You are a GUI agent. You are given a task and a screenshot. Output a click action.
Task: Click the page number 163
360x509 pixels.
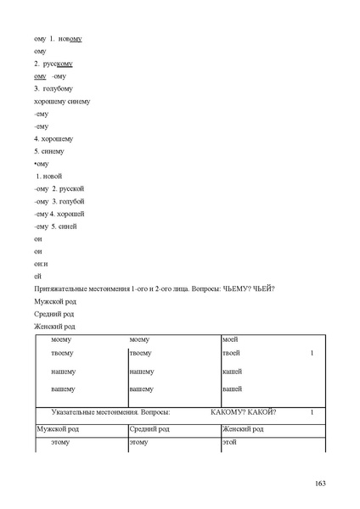coord(320,484)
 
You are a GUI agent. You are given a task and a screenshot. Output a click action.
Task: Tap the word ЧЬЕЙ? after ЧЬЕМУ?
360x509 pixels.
coord(265,289)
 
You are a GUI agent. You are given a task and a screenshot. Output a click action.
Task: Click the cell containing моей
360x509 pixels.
coord(229,338)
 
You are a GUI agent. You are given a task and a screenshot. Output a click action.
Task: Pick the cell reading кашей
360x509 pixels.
coord(231,372)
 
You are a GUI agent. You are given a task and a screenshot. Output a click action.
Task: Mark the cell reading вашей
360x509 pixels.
coord(231,389)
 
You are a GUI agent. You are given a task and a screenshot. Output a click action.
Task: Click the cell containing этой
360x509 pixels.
coord(229,443)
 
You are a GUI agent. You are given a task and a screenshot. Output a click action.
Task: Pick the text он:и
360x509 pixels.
coord(40,264)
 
